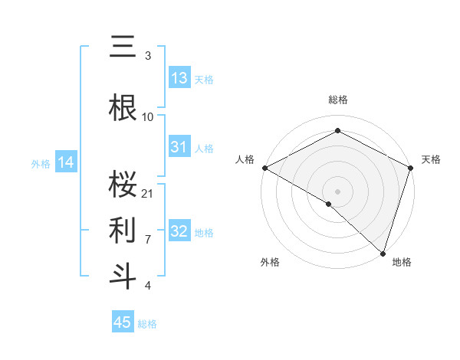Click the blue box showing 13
[x=179, y=78]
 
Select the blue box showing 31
[x=179, y=147]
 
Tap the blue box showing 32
[x=179, y=231]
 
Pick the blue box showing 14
[x=65, y=162]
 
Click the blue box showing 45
[x=123, y=322]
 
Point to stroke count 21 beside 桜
[x=148, y=193]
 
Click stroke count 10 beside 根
[x=148, y=117]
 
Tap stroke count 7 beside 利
[x=148, y=239]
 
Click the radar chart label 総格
[x=337, y=100]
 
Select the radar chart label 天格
[x=431, y=159]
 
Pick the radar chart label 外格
[x=270, y=262]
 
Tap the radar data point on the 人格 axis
[x=264, y=167]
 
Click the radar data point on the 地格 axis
[x=382, y=253]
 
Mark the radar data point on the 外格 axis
[x=329, y=204]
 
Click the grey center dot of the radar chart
[x=337, y=190]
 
